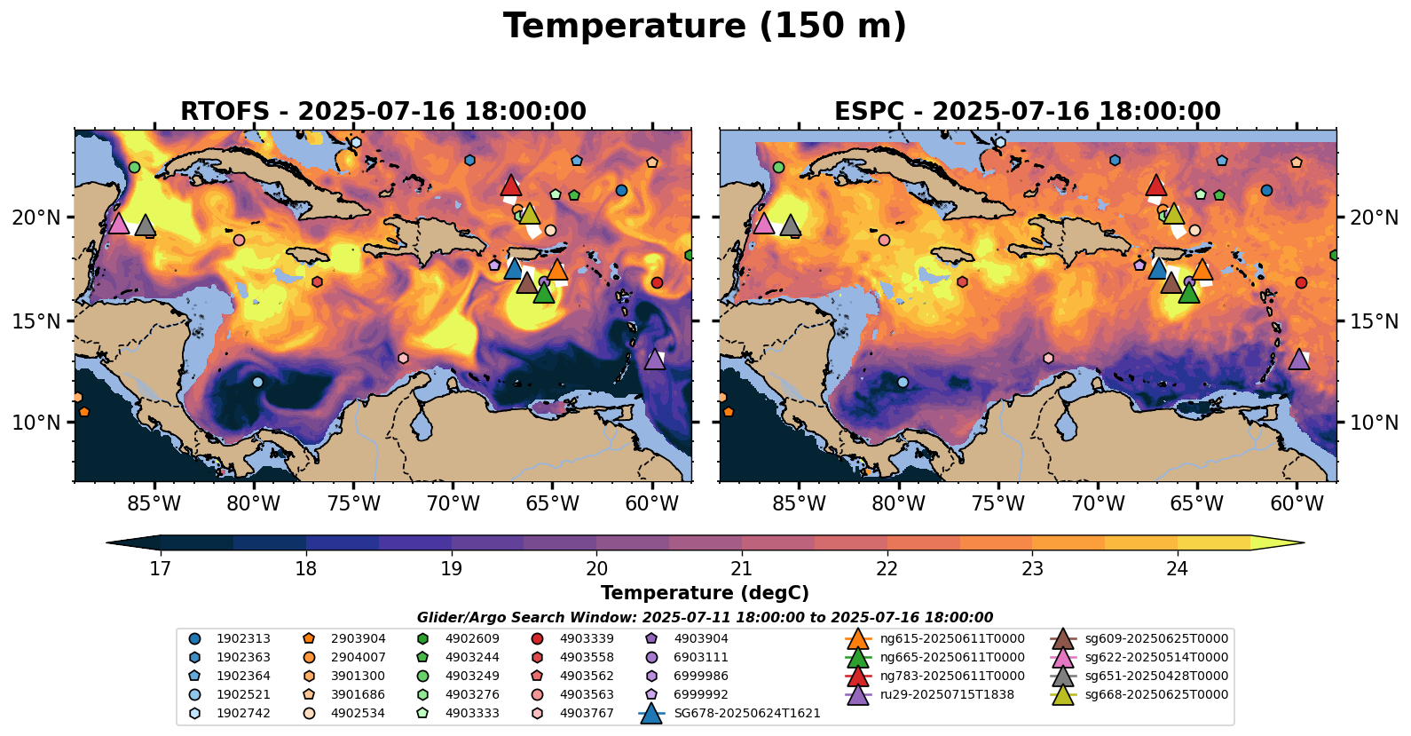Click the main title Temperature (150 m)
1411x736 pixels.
point(705,27)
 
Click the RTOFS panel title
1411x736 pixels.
point(382,112)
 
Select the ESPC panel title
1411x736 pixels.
point(1027,112)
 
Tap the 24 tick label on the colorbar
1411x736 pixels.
point(1177,569)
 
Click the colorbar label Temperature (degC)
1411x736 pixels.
point(705,593)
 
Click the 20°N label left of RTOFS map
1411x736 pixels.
point(36,218)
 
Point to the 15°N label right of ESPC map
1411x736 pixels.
point(1374,321)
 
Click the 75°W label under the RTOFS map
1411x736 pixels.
point(353,504)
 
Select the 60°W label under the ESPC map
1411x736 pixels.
point(1297,504)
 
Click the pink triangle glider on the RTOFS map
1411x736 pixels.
point(118,223)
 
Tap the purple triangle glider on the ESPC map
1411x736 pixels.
point(1299,360)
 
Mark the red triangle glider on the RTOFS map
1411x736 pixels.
point(510,186)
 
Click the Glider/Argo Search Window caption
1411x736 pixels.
point(705,618)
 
